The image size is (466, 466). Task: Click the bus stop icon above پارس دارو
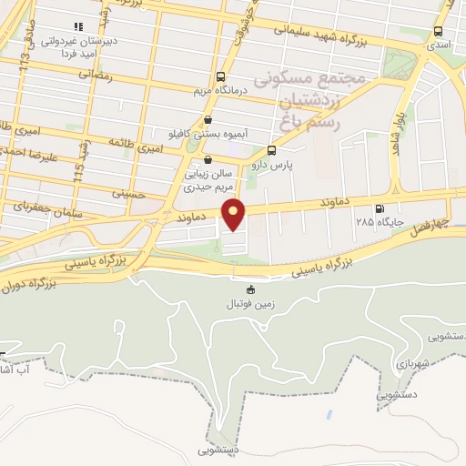coord(271,151)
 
